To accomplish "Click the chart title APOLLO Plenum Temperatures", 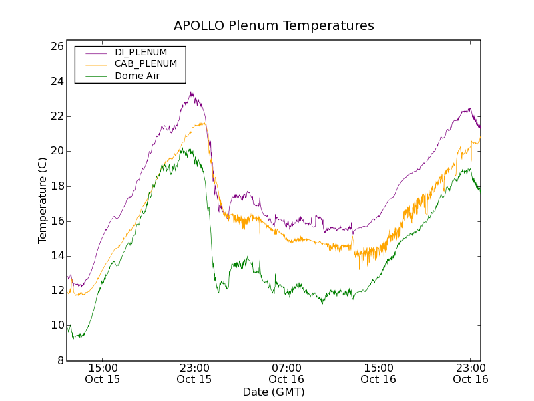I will coord(274,26).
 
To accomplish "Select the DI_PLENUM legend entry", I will coord(141,52).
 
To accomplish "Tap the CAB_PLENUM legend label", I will coord(146,63).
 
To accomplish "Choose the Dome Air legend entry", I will coord(137,76).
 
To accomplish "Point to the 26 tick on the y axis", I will coord(56,47).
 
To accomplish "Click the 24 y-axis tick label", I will coord(56,82).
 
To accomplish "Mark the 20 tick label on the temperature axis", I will coord(56,151).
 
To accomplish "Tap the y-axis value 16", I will coord(56,221).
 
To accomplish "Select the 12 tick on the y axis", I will coord(56,291).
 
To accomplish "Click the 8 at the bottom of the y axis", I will coord(59,360).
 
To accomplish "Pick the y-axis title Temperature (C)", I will coord(42,200).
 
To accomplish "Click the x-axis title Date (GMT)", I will coord(274,392).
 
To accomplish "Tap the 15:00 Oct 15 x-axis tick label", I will coord(102,373).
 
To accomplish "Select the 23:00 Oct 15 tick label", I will coord(194,373).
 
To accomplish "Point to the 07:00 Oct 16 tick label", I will coord(286,373).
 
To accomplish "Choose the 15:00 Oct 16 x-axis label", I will coord(378,373).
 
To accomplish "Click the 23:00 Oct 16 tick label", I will coord(471,373).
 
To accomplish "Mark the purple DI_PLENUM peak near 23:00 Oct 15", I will coord(191,92).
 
